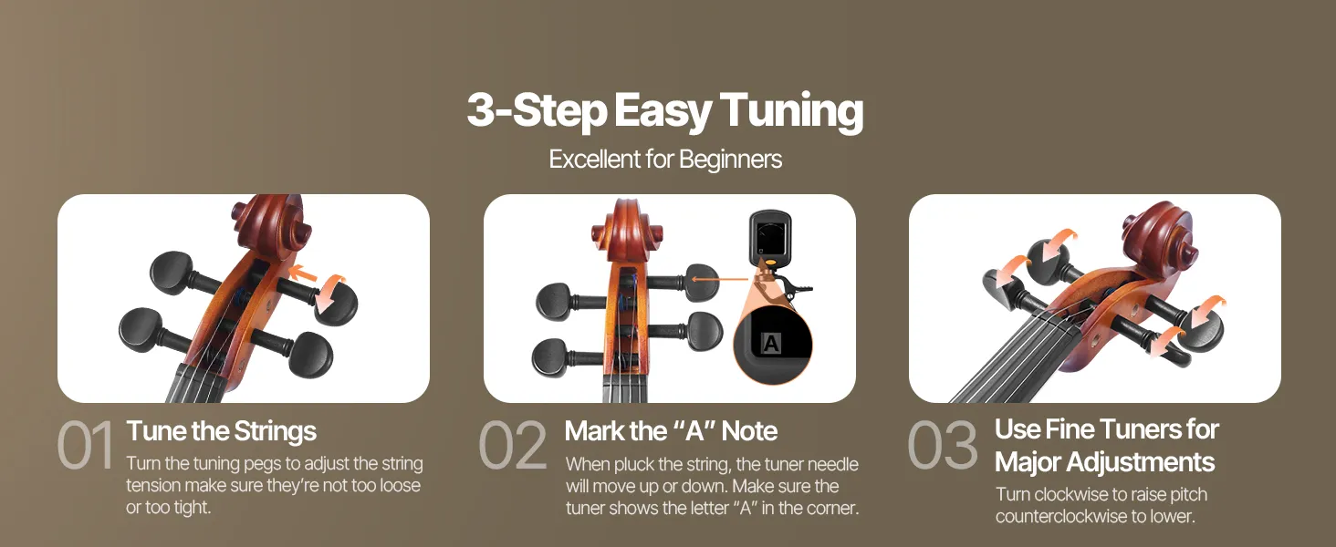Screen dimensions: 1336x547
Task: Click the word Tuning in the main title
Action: tap(791, 112)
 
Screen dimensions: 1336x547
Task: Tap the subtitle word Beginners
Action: tap(730, 160)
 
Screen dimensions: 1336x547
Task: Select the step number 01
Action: tap(85, 445)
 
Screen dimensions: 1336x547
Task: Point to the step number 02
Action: tap(513, 445)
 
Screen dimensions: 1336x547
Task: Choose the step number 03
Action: tap(943, 445)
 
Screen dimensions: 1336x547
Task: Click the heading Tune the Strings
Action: tap(221, 431)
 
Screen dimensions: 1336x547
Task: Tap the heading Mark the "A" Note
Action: tap(671, 431)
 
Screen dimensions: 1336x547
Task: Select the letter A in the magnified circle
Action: tap(771, 343)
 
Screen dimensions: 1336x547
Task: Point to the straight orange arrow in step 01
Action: tap(302, 273)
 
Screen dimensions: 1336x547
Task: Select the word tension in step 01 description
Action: tap(153, 486)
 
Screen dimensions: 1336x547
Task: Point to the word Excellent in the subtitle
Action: tap(593, 160)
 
